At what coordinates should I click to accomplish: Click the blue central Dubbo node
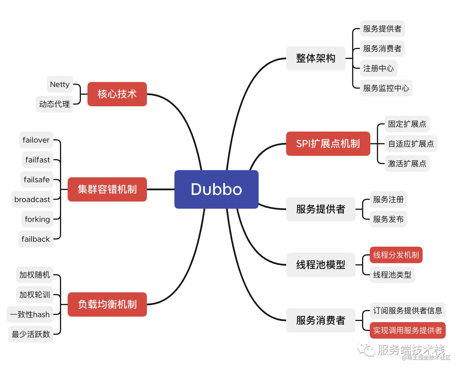coord(216,189)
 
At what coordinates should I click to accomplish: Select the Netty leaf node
coord(60,84)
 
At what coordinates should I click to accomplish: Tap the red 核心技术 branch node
coord(117,94)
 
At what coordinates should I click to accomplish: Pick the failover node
coord(36,140)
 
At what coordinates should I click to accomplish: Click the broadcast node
coord(32,199)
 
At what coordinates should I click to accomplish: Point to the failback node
coord(36,239)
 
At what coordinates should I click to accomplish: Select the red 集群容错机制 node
coord(107,189)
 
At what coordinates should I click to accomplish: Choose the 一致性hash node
coord(30,315)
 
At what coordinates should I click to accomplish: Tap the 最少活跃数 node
coord(31,334)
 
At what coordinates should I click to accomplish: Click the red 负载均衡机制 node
coord(107,305)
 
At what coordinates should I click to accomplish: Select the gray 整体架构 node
coord(315,58)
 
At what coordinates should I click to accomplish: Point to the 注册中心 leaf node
coord(378,68)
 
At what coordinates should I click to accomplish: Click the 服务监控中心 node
coord(386,88)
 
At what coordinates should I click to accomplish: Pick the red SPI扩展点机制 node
coord(328,144)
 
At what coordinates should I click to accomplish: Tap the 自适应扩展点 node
coord(411,144)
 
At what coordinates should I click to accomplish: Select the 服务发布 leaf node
coord(388,219)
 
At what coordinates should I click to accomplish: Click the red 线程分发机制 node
coord(396,255)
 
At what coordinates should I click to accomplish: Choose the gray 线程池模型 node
coord(320,265)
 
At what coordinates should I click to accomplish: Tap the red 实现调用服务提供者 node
coord(407,330)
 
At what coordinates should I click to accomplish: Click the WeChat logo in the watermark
coord(366,350)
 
